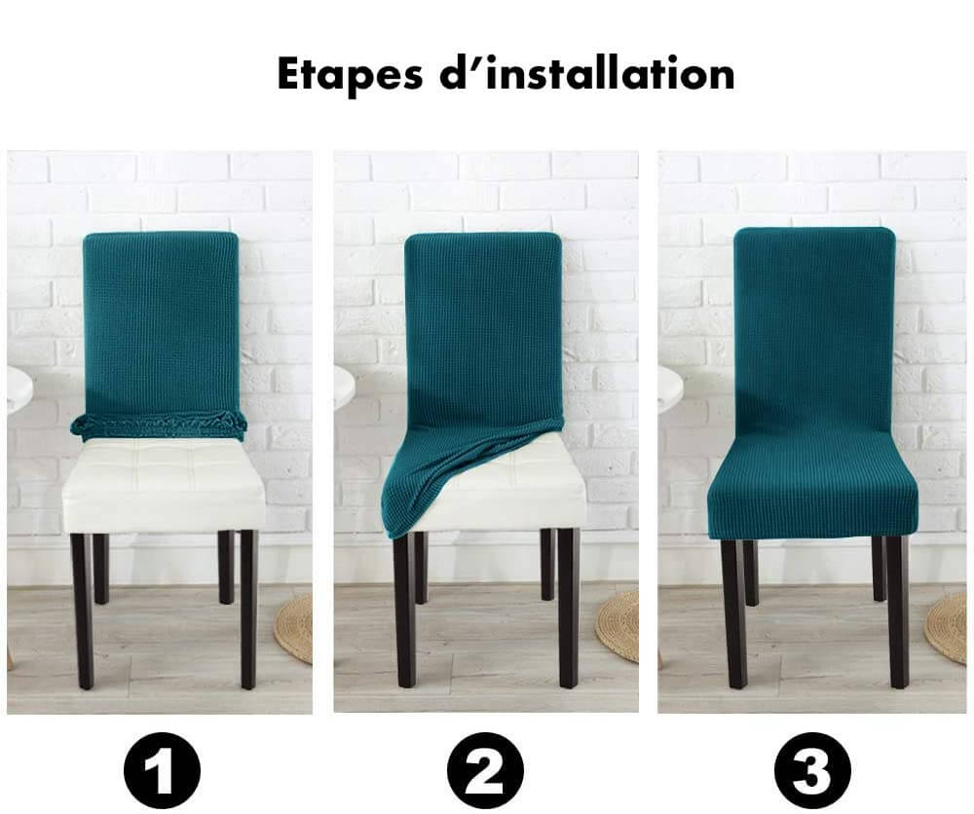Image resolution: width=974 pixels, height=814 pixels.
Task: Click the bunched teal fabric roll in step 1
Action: tap(159, 425)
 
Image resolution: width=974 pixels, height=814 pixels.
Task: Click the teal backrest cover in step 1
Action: tap(161, 323)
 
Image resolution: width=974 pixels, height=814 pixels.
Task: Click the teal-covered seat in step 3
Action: tap(812, 497)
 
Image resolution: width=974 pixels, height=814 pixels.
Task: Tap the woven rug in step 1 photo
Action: tap(294, 628)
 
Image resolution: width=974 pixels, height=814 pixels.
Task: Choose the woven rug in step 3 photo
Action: tap(946, 628)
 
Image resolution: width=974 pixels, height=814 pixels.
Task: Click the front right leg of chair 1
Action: tap(248, 610)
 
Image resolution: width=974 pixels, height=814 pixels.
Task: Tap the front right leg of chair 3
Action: tap(898, 611)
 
